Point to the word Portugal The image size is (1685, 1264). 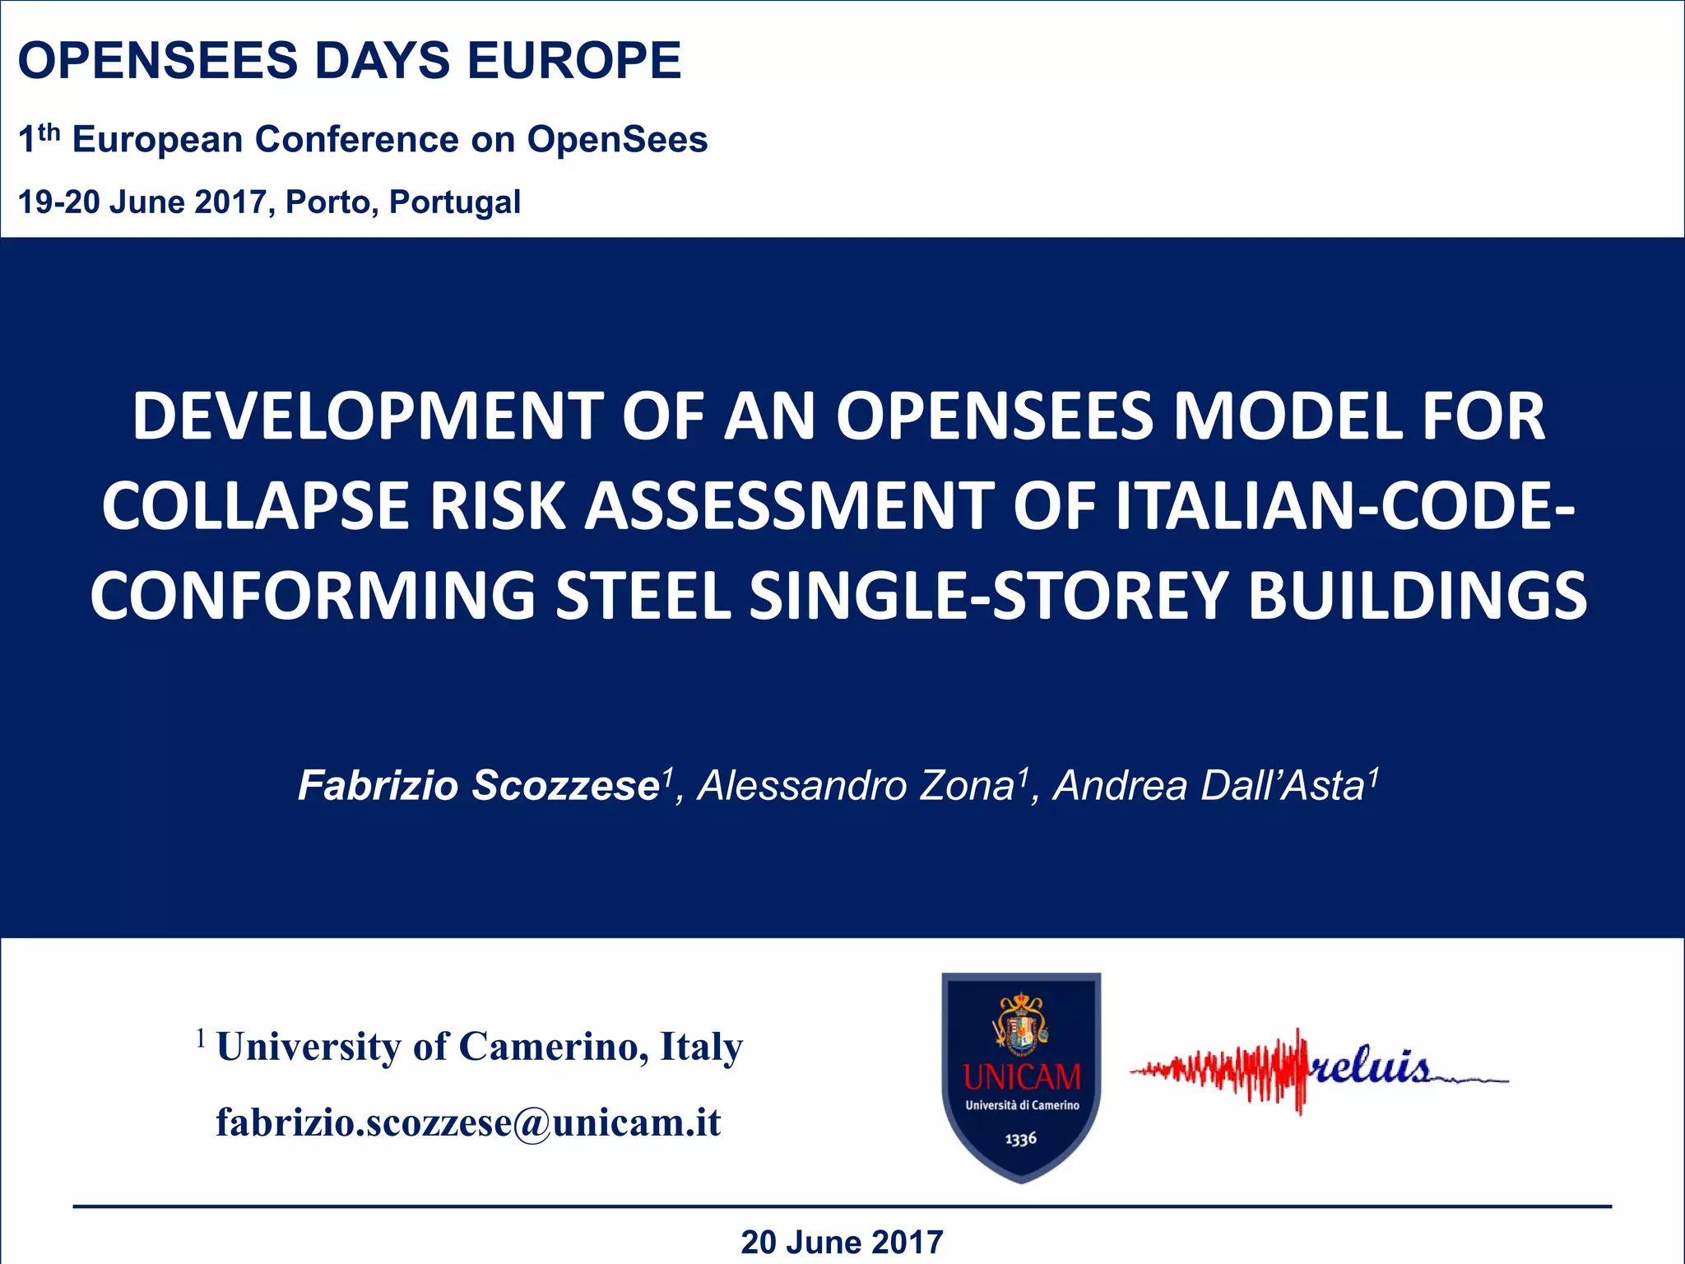(x=454, y=202)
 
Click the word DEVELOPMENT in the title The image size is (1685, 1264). (x=368, y=416)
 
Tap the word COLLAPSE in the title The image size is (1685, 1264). (x=254, y=506)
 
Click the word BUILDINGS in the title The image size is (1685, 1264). (x=1418, y=596)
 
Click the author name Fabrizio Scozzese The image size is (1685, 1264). (x=479, y=785)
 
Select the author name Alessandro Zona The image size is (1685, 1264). (x=856, y=785)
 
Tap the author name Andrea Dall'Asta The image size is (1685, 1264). (x=1209, y=785)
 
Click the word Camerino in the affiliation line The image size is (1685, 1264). (x=545, y=1047)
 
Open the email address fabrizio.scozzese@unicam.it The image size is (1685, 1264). (x=468, y=1122)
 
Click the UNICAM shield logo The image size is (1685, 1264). (x=1021, y=1077)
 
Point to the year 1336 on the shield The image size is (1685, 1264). (x=1020, y=1139)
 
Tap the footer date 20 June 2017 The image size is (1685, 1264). (x=842, y=1242)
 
